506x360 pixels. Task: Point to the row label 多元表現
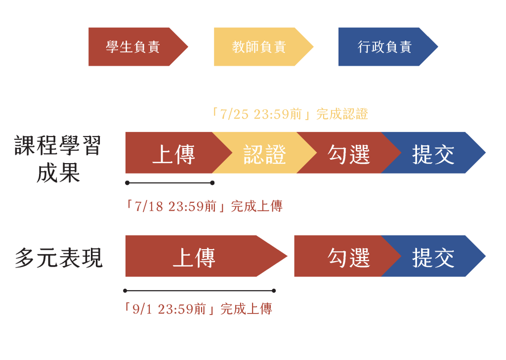[59, 258]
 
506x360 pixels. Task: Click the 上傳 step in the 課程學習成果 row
[174, 153]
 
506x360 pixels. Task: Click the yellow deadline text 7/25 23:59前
[261, 114]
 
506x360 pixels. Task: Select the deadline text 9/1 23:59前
[169, 309]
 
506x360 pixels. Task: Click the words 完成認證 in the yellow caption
[342, 114]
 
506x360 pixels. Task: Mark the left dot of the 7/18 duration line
[127, 183]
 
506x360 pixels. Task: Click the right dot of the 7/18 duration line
[212, 183]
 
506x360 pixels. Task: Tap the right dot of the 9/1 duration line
[274, 291]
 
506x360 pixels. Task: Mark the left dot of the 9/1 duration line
[125, 291]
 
